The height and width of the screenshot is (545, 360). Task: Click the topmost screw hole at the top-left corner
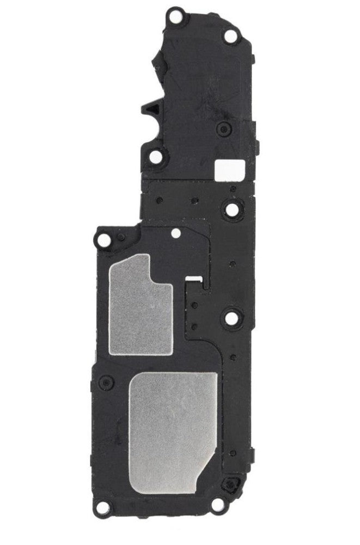(175, 16)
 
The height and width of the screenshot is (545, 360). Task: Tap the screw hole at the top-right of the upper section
(230, 37)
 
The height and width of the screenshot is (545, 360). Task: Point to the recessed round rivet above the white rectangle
(222, 129)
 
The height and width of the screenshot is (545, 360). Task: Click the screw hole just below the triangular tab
(156, 156)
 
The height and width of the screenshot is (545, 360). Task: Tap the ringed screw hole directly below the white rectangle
(231, 208)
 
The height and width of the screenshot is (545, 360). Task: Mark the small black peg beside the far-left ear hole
(121, 237)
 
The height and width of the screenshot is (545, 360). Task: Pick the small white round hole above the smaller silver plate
(176, 234)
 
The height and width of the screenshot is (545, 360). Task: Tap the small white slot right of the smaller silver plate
(193, 280)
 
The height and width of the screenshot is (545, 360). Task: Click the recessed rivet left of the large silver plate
(107, 383)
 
